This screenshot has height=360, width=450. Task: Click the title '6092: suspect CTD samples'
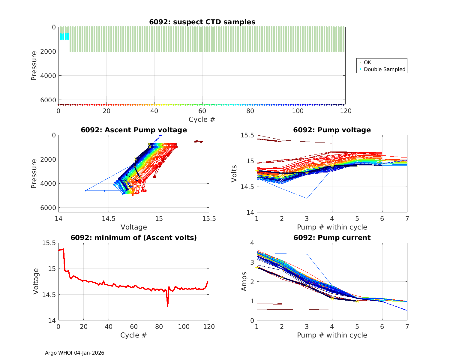point(202,22)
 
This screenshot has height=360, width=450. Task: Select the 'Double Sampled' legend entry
point(384,69)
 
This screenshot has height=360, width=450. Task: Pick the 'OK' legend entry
point(367,62)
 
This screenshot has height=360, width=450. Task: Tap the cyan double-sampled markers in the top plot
point(64,37)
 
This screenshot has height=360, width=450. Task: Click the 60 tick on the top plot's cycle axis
point(202,111)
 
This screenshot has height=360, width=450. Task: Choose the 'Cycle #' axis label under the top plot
point(202,119)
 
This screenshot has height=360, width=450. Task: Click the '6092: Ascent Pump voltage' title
point(134,130)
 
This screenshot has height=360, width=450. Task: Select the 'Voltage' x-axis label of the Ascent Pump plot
point(133,227)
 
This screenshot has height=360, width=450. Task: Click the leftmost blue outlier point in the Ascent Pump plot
point(86,190)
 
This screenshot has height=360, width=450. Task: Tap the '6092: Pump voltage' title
point(332,130)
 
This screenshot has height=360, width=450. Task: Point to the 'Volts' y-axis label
point(234,174)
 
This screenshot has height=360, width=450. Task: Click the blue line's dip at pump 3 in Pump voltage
point(307,198)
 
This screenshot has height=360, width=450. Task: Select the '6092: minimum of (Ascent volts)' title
point(134,238)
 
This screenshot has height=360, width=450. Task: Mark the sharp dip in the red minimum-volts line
point(167,306)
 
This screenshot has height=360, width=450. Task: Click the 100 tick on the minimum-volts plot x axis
point(184,327)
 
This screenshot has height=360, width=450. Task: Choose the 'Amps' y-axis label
point(244,281)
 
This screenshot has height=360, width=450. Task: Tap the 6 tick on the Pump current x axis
point(382,327)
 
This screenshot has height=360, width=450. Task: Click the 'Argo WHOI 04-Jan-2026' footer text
point(74,353)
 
